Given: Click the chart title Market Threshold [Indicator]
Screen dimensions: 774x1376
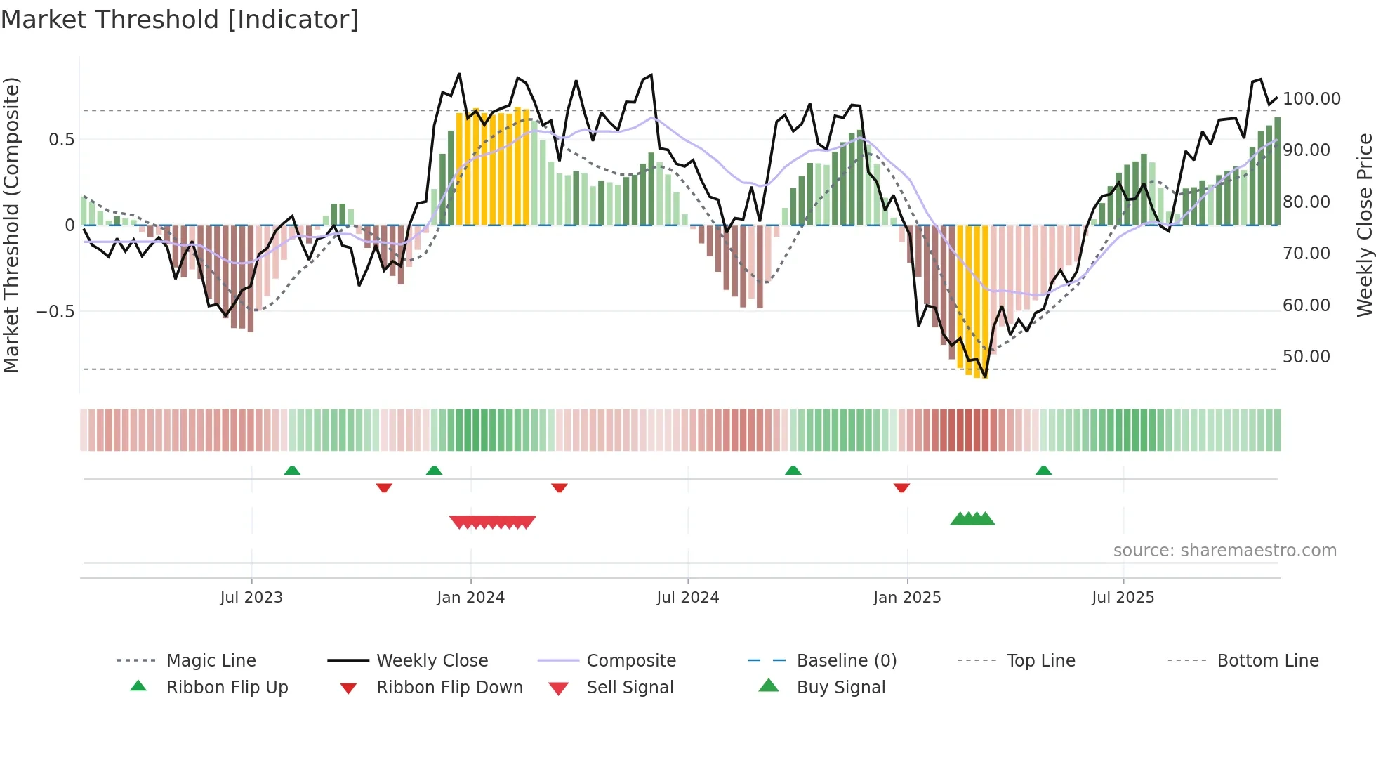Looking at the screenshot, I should point(180,20).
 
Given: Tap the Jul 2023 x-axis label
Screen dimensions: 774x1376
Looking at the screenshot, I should point(251,598).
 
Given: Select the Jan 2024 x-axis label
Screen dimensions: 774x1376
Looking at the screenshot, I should point(470,598).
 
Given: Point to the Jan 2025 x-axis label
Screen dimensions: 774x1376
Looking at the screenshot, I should point(907,598).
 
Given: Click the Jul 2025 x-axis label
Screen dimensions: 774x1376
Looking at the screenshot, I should point(1123,598).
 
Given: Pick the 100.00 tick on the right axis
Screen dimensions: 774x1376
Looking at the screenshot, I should point(1311,99).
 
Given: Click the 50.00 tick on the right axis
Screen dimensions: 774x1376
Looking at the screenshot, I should point(1306,357).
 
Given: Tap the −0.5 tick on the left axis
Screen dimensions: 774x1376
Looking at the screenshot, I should point(55,311).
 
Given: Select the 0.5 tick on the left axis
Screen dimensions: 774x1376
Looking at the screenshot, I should point(61,140).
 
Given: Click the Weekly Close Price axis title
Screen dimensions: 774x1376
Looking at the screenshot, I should point(1364,225).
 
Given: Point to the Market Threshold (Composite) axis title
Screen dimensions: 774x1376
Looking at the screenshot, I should point(11,225).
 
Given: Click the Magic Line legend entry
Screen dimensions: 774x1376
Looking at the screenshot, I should point(211,661).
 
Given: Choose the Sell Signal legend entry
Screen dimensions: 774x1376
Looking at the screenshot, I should point(630,688).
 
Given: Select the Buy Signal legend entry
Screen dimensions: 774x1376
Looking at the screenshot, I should point(840,688).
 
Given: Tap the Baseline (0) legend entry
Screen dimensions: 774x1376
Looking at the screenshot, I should point(846,661).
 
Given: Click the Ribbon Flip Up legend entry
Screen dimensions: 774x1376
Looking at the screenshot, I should point(227,688).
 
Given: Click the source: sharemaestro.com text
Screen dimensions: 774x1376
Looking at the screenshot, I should point(1224,551).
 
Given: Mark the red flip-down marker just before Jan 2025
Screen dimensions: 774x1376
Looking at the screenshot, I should point(901,487).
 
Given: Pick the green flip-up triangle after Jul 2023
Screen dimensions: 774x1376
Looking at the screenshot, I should point(292,471).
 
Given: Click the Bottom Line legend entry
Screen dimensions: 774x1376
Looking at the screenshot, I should point(1267,661).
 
